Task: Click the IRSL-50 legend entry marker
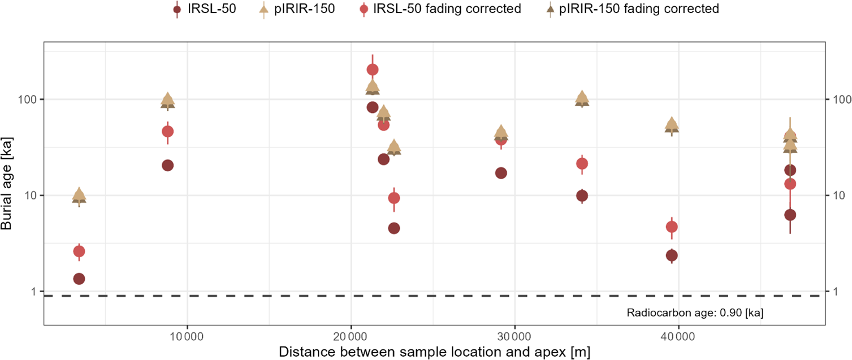click(178, 9)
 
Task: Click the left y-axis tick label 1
click(34, 292)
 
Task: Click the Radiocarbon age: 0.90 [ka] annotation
click(695, 313)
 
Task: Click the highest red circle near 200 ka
click(373, 70)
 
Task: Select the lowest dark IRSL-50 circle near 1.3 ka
click(79, 279)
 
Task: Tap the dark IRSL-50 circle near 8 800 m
click(167, 165)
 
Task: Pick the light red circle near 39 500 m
click(672, 227)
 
